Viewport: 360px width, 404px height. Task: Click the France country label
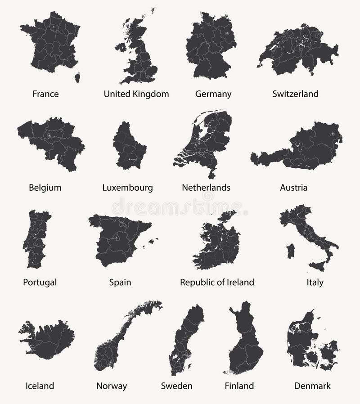point(45,94)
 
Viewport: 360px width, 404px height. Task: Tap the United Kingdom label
point(136,94)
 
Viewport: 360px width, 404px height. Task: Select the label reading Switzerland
point(295,94)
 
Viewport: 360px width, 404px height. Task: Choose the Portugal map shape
point(36,239)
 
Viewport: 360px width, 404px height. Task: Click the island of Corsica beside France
point(77,77)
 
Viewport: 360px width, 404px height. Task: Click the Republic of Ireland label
point(217,283)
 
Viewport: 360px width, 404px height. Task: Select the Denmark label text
point(312,386)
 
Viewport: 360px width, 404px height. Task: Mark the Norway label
point(112,386)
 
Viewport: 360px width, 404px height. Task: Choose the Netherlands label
point(206,188)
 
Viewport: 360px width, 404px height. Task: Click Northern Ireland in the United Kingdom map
point(121,47)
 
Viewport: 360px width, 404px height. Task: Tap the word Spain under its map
point(120,283)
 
